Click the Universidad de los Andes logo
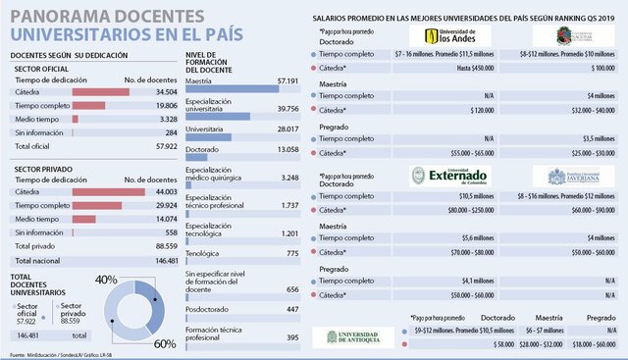pos(437,37)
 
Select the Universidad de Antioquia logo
pos(355,336)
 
